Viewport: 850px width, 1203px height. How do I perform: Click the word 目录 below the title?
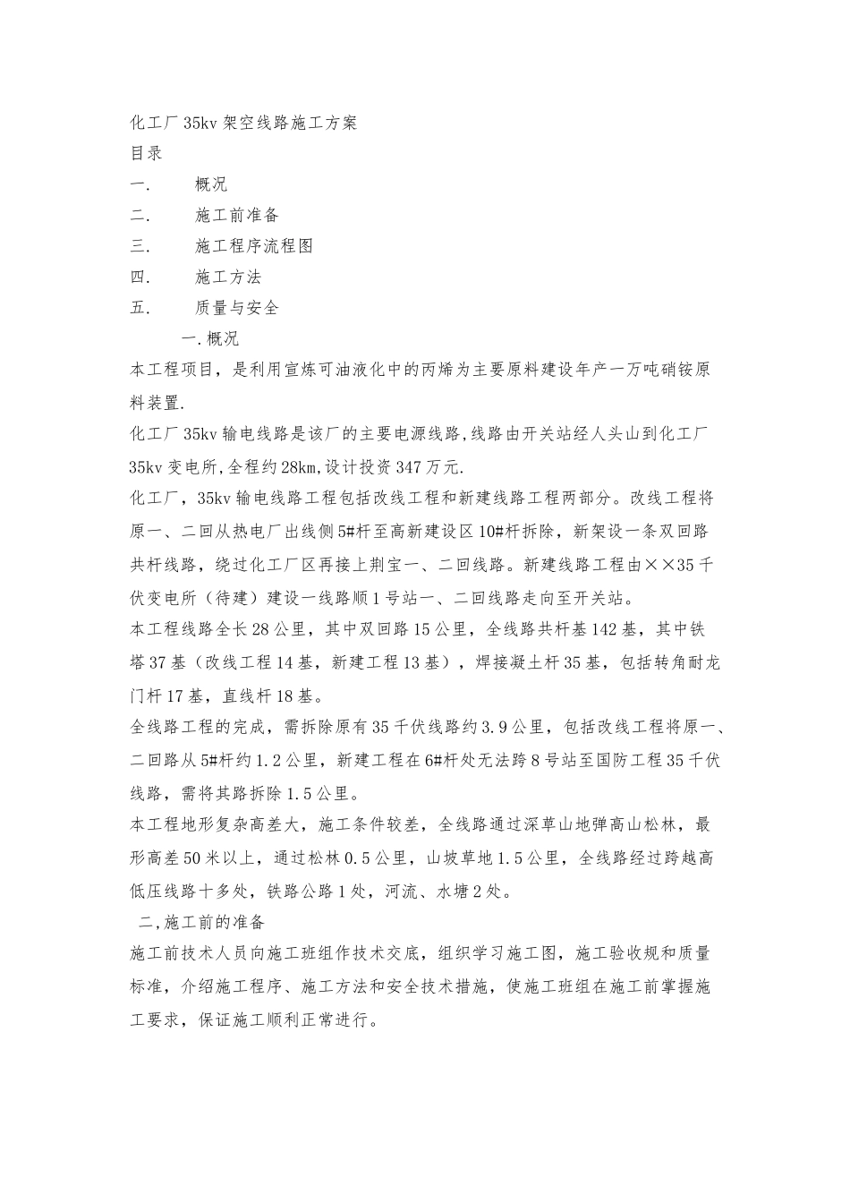click(147, 153)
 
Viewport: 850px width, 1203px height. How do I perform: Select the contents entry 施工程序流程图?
click(253, 246)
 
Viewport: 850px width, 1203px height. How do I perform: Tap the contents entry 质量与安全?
click(237, 308)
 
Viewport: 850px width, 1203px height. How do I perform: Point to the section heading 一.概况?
click(210, 339)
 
